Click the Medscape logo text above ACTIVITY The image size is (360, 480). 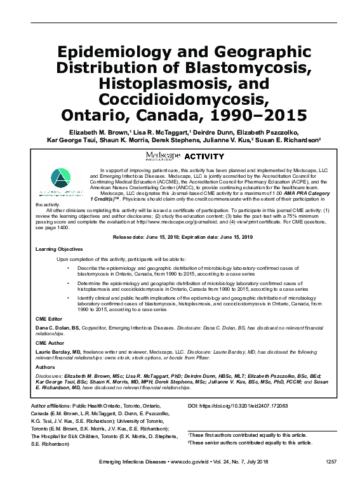163,156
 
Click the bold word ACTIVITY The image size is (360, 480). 204,156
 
